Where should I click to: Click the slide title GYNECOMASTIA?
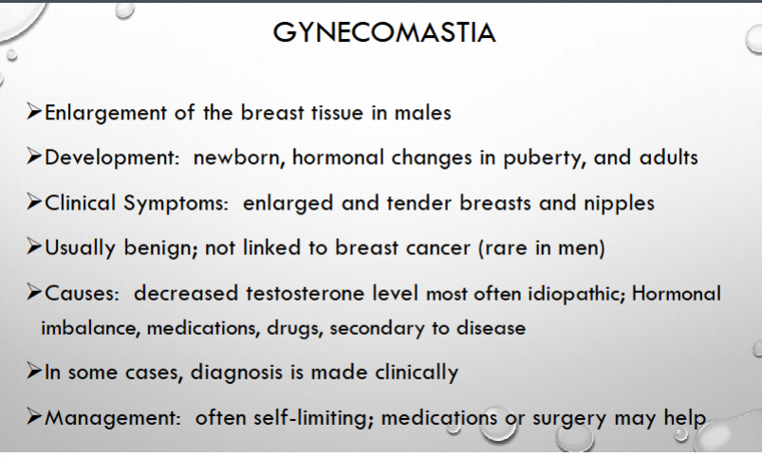pos(384,32)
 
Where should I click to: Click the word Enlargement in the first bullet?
pos(106,114)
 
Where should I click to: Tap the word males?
pos(423,113)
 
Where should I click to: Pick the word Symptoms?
pos(176,204)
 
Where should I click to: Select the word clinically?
pos(417,373)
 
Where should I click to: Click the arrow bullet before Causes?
pos(34,292)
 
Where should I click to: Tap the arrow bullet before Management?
pos(34,416)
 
